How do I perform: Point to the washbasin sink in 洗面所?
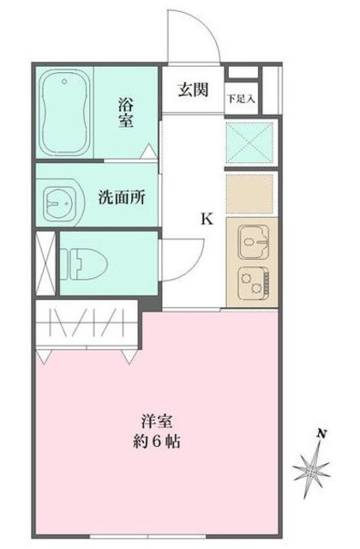[x=61, y=203]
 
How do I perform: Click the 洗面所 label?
[x=120, y=196]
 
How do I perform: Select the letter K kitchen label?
[x=207, y=218]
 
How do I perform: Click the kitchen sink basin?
[x=249, y=240]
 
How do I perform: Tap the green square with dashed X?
[x=249, y=141]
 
